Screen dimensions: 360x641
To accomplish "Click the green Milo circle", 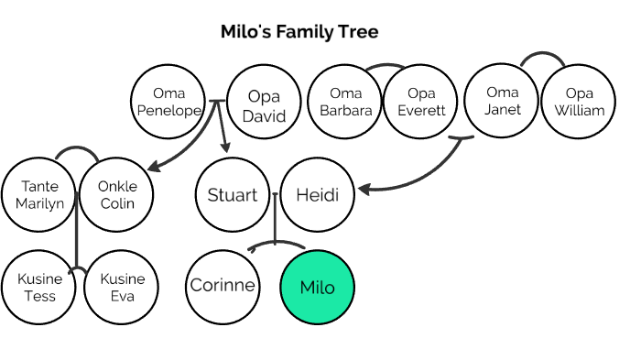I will coord(317,287).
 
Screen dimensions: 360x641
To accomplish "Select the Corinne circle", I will coord(223,286).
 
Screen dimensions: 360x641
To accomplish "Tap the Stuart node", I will coord(233,195).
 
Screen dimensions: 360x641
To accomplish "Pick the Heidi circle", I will coord(317,195).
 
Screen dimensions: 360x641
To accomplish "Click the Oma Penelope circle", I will coord(168,103).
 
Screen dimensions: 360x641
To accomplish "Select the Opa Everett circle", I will coord(420,103).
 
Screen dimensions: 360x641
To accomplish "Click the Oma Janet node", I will coord(502,101).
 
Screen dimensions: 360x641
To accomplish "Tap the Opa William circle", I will coord(579,102).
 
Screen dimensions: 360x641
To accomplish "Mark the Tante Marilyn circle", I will coord(39,194).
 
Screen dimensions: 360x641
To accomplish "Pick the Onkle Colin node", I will coord(116,194).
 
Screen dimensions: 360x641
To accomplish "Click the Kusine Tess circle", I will coord(39,287).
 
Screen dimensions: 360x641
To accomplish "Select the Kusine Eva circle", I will coord(116,287).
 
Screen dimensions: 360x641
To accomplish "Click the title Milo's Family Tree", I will coord(299,32).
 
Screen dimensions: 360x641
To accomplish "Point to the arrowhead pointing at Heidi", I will coord(364,191).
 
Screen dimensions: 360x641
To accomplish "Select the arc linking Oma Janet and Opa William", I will coord(540,57).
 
